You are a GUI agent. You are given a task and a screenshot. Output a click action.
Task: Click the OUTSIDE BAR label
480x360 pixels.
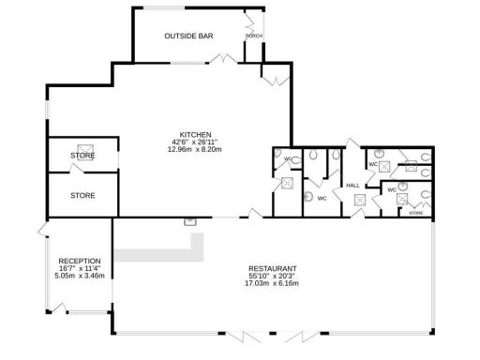point(188,36)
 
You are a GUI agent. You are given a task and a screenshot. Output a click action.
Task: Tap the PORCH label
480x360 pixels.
point(253,36)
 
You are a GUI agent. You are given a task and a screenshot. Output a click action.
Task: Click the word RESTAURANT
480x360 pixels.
point(272,268)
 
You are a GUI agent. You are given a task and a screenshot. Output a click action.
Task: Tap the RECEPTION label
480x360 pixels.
point(79,261)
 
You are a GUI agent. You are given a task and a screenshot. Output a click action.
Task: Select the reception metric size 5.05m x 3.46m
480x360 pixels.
point(79,276)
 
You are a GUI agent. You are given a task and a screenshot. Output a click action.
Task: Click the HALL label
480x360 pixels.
point(353,186)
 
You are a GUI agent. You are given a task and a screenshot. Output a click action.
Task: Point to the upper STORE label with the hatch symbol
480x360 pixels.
point(82,156)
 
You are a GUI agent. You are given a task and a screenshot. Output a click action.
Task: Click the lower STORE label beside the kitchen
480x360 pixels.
point(82,196)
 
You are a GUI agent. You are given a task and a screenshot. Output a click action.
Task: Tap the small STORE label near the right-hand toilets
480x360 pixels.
point(415,213)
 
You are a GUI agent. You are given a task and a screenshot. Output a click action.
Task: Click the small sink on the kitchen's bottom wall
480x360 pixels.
point(189,221)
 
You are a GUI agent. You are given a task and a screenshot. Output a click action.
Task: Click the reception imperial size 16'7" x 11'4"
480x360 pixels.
point(79,268)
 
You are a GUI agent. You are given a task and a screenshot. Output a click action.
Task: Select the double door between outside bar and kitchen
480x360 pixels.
point(222,59)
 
